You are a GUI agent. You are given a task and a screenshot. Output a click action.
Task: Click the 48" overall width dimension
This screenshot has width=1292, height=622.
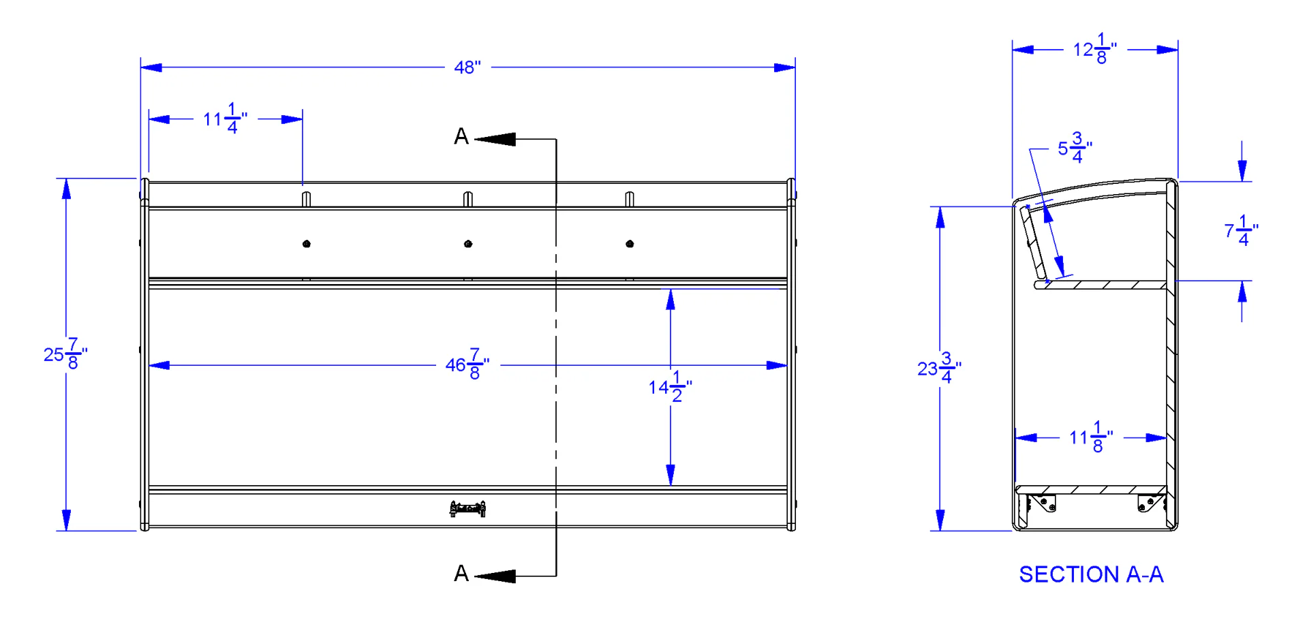(467, 67)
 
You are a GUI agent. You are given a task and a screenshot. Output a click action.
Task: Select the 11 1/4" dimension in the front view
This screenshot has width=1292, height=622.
(226, 119)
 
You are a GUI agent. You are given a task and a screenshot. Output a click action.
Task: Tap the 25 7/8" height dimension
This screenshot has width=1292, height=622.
(65, 354)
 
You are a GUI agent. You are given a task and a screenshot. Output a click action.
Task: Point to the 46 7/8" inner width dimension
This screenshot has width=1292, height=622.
(467, 364)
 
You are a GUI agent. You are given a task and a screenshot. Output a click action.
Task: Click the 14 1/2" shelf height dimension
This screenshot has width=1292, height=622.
(671, 387)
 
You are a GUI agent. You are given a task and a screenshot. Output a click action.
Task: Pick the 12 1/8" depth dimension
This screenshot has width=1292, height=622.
(1095, 49)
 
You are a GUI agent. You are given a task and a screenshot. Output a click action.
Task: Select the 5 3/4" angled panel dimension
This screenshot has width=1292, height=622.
(1075, 148)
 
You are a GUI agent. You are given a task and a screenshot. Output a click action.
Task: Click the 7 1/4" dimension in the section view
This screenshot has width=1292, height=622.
(1242, 231)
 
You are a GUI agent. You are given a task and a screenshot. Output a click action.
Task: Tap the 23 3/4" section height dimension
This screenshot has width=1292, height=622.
(940, 369)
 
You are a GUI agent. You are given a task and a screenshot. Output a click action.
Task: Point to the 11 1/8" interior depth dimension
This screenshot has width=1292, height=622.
(1091, 437)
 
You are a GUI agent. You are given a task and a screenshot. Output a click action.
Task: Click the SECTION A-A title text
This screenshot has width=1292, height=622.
(1091, 574)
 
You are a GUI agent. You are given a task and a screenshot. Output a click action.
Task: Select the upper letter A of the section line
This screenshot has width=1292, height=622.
(461, 137)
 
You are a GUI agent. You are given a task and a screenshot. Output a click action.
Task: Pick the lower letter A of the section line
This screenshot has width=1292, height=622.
(461, 574)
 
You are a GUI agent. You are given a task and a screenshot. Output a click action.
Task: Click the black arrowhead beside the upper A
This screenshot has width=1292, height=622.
(495, 139)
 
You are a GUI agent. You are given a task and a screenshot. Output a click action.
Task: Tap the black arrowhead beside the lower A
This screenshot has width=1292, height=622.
(495, 576)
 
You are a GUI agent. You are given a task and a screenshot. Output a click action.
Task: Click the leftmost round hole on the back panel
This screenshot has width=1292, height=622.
(307, 244)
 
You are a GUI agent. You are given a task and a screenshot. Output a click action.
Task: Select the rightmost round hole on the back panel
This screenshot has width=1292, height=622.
(630, 244)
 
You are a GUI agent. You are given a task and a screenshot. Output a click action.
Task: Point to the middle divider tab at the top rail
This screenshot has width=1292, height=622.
(468, 199)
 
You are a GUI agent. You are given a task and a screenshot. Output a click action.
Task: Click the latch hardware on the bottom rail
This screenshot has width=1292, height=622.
(467, 509)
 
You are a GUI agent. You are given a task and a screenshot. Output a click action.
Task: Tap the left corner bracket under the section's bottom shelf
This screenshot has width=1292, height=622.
(1042, 503)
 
